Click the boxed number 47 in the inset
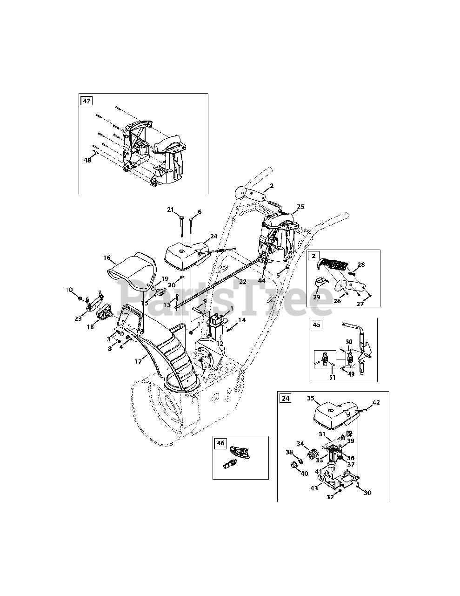point(87,100)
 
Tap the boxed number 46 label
point(220,443)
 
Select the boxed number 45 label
point(317,325)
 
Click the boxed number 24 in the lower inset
point(285,398)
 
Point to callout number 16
point(107,257)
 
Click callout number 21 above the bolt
point(170,210)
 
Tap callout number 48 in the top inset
point(87,160)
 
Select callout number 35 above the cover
point(311,398)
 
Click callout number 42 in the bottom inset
point(376,402)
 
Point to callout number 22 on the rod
point(242,281)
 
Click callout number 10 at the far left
point(69,290)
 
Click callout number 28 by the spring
point(361,264)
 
